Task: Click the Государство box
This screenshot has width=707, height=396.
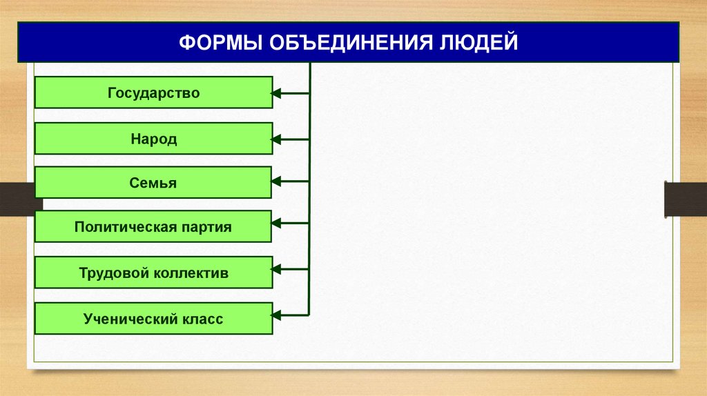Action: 153,92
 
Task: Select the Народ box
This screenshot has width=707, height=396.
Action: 153,139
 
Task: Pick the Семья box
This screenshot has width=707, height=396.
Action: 153,183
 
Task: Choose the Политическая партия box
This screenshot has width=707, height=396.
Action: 153,227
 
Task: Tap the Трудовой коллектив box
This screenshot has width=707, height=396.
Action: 153,273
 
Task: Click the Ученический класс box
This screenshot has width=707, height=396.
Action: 153,319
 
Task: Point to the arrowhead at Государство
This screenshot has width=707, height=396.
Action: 277,93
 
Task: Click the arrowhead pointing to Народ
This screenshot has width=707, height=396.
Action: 277,139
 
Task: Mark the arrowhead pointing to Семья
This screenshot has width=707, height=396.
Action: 277,181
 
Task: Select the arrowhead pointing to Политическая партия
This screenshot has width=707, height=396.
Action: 277,223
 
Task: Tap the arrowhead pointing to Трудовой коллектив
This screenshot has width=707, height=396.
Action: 277,268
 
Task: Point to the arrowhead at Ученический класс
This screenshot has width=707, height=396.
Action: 277,315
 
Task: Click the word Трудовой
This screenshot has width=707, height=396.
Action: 115,273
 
